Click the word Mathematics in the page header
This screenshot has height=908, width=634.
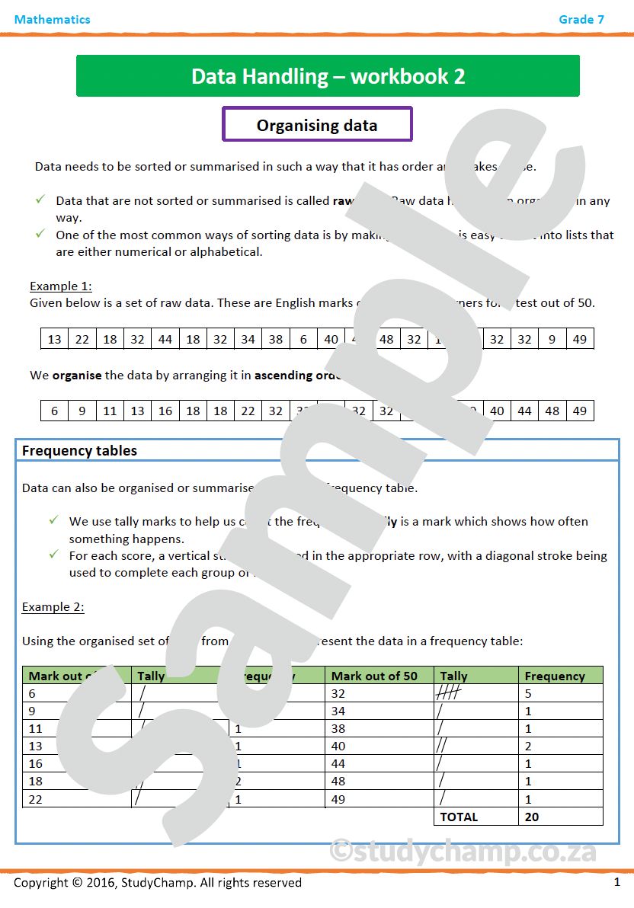[x=52, y=20]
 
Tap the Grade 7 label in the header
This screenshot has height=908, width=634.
[x=581, y=20]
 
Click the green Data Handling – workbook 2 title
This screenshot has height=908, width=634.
[x=328, y=76]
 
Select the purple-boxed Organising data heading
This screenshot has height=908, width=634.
[x=317, y=126]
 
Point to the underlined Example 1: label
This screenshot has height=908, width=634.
[x=61, y=286]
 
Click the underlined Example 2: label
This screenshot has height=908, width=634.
[x=53, y=607]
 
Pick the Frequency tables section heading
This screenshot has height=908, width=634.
[x=79, y=451]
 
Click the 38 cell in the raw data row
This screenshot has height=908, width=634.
[x=276, y=340]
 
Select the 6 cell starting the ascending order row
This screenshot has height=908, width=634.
[x=54, y=411]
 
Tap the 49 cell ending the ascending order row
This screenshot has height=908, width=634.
[x=580, y=411]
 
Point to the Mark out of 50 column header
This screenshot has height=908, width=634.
[x=374, y=676]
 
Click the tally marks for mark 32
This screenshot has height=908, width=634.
[x=449, y=694]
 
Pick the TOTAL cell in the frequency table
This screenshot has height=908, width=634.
[x=459, y=817]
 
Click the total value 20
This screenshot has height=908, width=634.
[x=532, y=817]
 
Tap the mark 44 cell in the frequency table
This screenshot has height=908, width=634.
[x=338, y=764]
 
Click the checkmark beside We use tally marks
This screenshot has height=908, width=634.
[x=53, y=521]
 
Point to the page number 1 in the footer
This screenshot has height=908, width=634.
[x=616, y=882]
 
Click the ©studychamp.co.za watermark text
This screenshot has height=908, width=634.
[x=462, y=850]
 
